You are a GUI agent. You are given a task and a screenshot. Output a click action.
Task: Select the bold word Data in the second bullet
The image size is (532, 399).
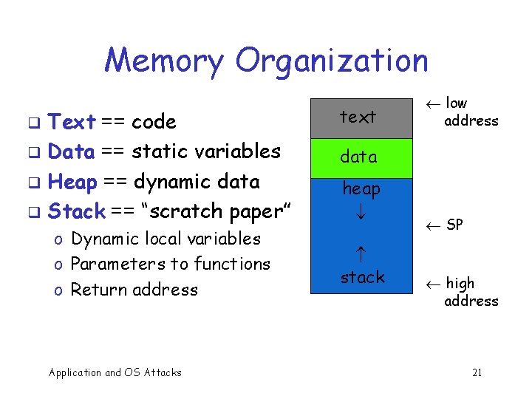(x=71, y=152)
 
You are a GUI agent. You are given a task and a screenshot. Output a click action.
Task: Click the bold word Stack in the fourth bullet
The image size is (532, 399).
(x=76, y=211)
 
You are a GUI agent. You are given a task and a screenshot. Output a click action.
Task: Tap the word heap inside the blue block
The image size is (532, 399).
(x=361, y=189)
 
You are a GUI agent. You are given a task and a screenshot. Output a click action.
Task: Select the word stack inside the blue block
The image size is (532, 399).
(x=362, y=278)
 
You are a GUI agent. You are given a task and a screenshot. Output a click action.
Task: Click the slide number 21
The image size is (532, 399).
(x=477, y=372)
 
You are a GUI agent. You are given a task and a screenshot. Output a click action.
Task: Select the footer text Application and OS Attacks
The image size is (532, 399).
(x=115, y=372)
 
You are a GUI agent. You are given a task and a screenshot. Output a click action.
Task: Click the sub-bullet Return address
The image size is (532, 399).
(x=134, y=290)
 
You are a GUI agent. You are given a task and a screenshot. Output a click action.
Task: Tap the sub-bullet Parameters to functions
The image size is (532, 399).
(x=170, y=265)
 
